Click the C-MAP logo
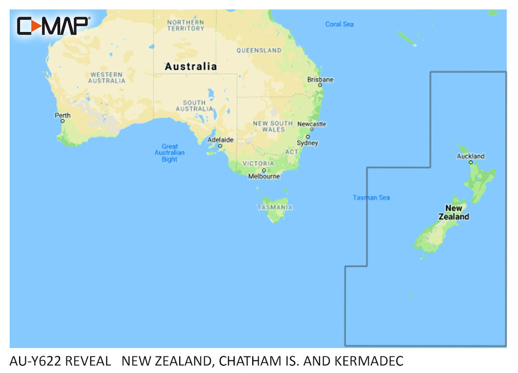(x=53, y=25)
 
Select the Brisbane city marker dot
(x=320, y=85)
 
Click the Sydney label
(x=307, y=143)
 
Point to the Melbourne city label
(x=264, y=176)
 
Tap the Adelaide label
(x=220, y=140)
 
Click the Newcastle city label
(x=311, y=124)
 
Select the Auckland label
(x=471, y=156)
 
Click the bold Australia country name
(x=191, y=66)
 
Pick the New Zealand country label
(x=454, y=212)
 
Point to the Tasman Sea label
(x=371, y=197)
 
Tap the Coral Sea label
(x=339, y=24)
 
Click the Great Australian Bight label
(x=169, y=153)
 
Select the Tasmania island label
(x=275, y=207)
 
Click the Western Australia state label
(x=107, y=78)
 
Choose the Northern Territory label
(x=185, y=25)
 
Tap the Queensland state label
(x=259, y=50)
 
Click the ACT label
(x=292, y=152)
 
